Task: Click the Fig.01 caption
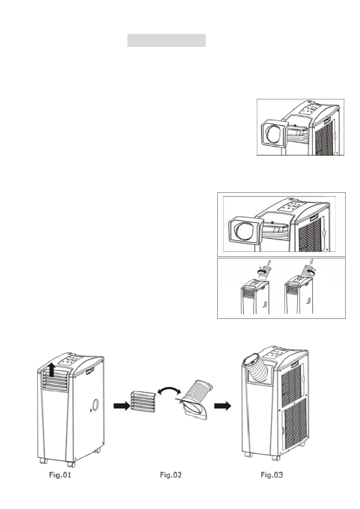[x=60, y=475]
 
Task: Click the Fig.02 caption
[x=171, y=475]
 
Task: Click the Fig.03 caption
[x=272, y=475]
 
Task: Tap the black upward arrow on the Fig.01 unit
[x=52, y=370]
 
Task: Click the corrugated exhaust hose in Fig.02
[x=198, y=393]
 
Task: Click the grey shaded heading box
[x=166, y=40]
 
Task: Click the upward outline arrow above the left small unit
[x=270, y=262]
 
